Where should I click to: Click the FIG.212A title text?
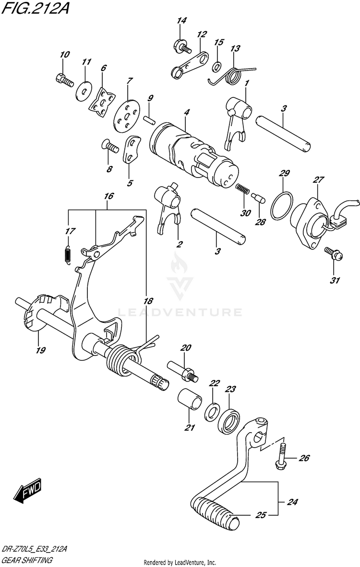click(34, 8)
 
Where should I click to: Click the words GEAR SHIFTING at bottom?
click(27, 560)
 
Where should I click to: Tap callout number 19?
click(40, 351)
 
